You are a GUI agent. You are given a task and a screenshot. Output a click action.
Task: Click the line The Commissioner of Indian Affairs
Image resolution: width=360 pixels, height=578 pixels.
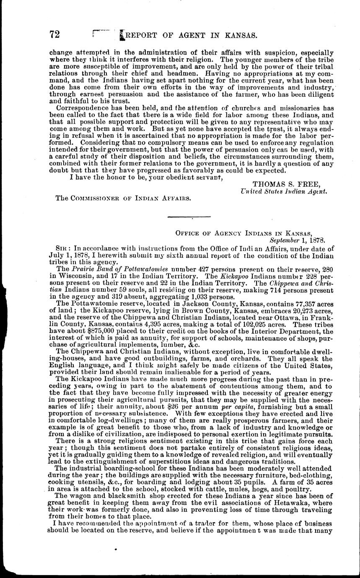coord(124,199)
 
